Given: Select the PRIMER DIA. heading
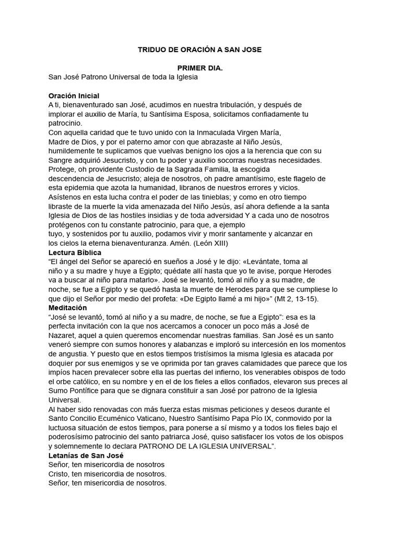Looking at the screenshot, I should pyautogui.click(x=200, y=68).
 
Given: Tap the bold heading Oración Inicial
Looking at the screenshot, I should pyautogui.click(x=74, y=96).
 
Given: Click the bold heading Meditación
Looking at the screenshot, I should pyautogui.click(x=67, y=308).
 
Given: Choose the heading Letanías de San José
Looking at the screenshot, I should pyautogui.click(x=86, y=455).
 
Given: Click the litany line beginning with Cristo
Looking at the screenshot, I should pyautogui.click(x=108, y=474).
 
